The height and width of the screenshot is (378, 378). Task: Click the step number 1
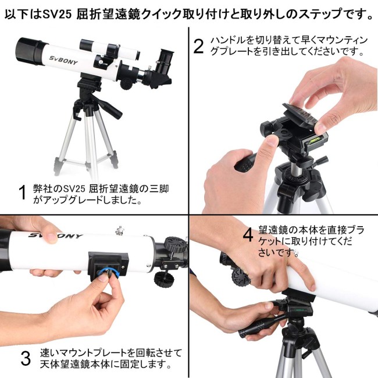tap(23, 192)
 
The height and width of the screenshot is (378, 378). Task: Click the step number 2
tap(198, 47)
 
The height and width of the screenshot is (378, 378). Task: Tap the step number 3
tap(26, 358)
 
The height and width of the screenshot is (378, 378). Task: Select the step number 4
tap(248, 235)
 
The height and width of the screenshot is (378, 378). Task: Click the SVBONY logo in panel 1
tap(63, 60)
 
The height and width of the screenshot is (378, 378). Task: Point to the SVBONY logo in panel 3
tap(55, 236)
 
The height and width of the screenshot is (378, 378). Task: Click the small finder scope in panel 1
tap(109, 49)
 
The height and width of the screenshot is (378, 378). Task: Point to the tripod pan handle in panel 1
tap(107, 106)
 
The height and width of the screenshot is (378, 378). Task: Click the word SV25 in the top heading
tap(57, 14)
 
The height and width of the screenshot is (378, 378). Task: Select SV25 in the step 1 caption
tap(74, 189)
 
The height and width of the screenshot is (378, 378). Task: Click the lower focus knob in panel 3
tap(164, 279)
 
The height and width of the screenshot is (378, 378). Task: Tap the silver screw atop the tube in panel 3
tap(120, 230)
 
